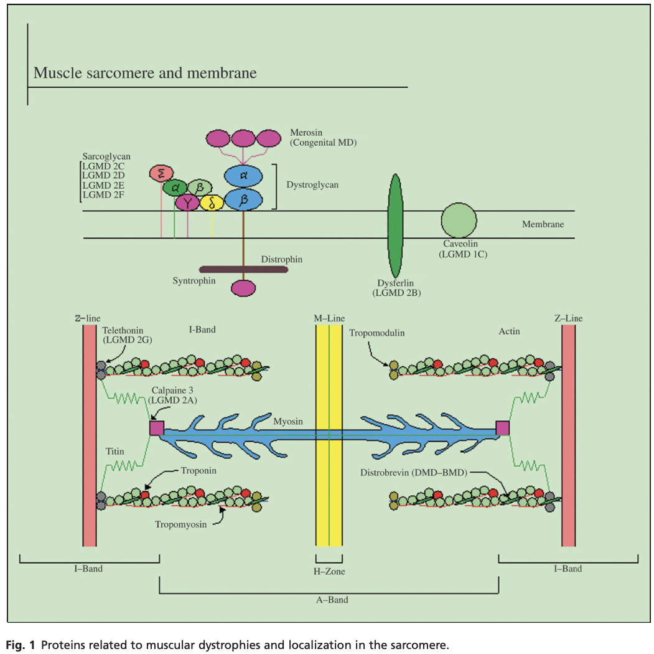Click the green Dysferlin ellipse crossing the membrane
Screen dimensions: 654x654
(x=395, y=225)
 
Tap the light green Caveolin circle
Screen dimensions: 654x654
(x=459, y=220)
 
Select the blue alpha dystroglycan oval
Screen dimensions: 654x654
(x=243, y=176)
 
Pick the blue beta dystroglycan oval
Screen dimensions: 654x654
(x=243, y=200)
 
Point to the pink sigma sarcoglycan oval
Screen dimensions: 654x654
(x=161, y=174)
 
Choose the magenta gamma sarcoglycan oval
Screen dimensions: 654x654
(x=187, y=202)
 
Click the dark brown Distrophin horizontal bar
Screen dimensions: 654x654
(x=243, y=270)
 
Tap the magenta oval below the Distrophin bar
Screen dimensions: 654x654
(x=243, y=288)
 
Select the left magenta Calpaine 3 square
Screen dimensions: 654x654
(x=157, y=427)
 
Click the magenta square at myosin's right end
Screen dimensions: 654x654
(x=502, y=427)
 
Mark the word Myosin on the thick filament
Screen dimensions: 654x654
(x=289, y=422)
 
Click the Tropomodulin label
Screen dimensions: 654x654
(x=377, y=333)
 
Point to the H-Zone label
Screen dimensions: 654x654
(x=329, y=571)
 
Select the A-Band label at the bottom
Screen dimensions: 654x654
(x=329, y=600)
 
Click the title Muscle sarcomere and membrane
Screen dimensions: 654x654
(x=144, y=73)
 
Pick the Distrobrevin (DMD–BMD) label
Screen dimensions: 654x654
(x=413, y=472)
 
